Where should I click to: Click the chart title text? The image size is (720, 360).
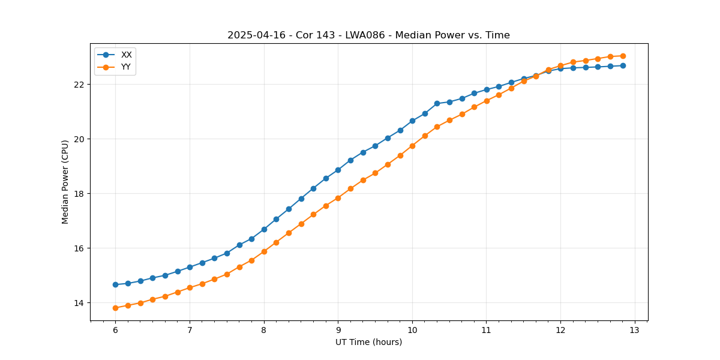[368, 35]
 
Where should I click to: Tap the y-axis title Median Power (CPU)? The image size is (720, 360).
[65, 182]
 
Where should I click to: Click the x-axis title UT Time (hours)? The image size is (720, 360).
[368, 342]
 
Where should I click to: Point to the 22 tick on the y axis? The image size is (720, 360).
[80, 84]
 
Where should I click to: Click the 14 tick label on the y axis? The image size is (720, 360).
[80, 303]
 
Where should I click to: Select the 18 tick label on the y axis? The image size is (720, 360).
[80, 193]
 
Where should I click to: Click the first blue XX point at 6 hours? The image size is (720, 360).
[115, 284]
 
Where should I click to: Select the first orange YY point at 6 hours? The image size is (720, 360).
[115, 308]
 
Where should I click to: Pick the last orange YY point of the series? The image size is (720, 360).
[623, 56]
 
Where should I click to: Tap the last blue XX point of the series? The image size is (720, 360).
[623, 65]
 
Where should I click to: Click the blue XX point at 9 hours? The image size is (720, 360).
[338, 170]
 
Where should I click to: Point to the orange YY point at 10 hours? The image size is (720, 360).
[412, 146]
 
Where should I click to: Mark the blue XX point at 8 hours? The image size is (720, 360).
[264, 229]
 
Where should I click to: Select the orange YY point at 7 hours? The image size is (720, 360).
[190, 287]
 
